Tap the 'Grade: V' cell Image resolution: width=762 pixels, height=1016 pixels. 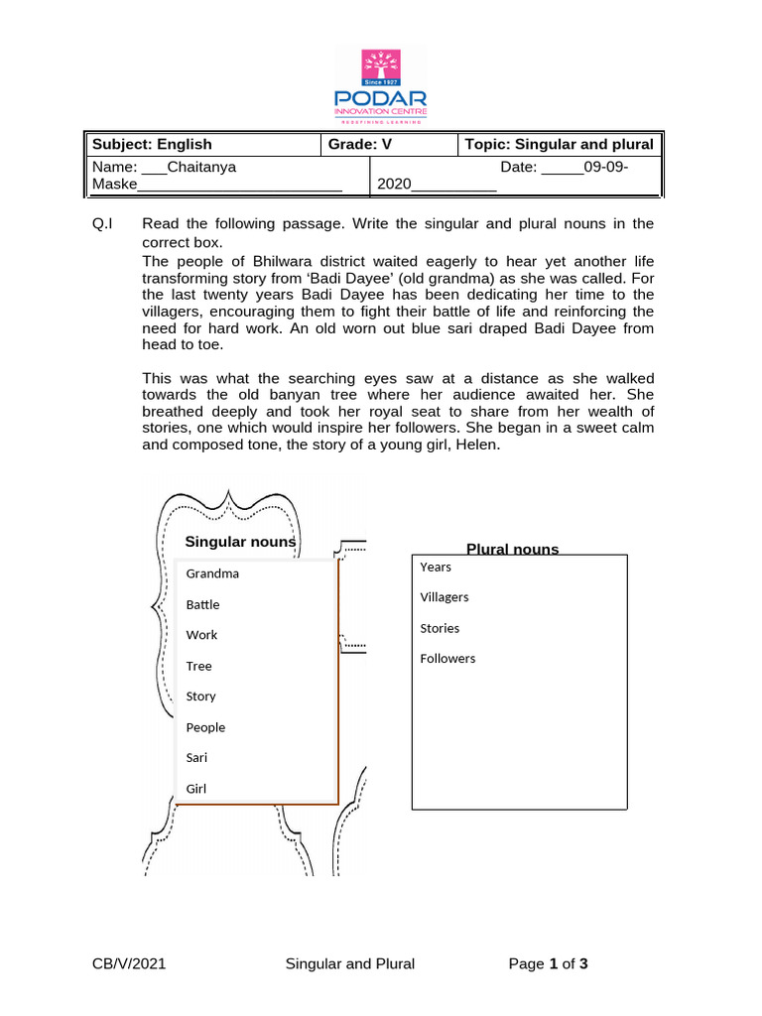point(361,145)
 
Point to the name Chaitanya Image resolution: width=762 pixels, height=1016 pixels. point(202,168)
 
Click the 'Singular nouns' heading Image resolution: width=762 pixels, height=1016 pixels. point(240,542)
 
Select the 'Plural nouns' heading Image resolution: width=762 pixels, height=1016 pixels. point(512,549)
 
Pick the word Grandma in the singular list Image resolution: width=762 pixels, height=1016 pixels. point(212,573)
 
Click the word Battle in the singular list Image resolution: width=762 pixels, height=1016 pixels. point(202,604)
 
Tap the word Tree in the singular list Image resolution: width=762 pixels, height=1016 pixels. point(198,666)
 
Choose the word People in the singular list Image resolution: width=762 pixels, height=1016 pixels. point(205,727)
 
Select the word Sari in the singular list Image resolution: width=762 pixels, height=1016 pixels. point(198,758)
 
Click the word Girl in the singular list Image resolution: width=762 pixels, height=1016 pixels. point(197,789)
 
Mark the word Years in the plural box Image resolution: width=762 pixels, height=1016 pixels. point(436,567)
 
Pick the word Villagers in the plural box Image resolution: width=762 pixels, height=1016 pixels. point(444,597)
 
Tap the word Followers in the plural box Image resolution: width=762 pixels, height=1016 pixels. point(447,659)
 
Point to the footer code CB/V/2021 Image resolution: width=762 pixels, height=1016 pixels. point(129,963)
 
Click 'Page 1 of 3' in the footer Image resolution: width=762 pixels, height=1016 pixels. point(549,963)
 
